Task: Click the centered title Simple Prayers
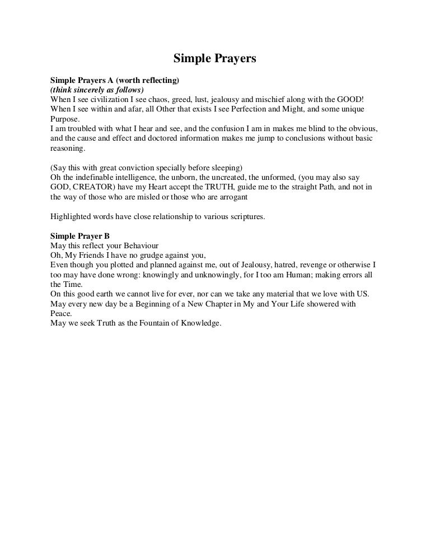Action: point(214,58)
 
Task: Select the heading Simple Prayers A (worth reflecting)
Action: point(114,81)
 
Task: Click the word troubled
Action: point(76,129)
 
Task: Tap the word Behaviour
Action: point(139,246)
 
